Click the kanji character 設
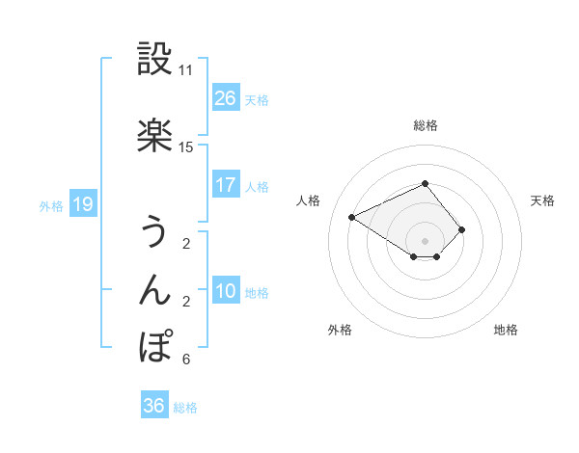click(x=155, y=59)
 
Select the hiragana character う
click(x=155, y=232)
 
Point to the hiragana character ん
click(x=155, y=289)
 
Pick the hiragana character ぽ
click(x=155, y=346)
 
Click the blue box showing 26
click(x=226, y=98)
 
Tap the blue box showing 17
click(x=226, y=185)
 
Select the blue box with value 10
click(x=226, y=291)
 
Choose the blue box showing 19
click(x=82, y=204)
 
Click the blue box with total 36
click(x=153, y=406)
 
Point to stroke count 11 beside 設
click(x=186, y=70)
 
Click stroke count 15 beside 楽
click(x=186, y=147)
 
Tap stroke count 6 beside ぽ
click(x=186, y=360)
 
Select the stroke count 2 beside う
click(x=186, y=244)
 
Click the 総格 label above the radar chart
click(x=426, y=125)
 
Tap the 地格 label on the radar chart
click(x=506, y=330)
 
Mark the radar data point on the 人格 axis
click(x=352, y=216)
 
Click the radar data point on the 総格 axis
click(x=426, y=183)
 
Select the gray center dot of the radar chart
click(x=426, y=240)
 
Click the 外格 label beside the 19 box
click(x=51, y=205)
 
